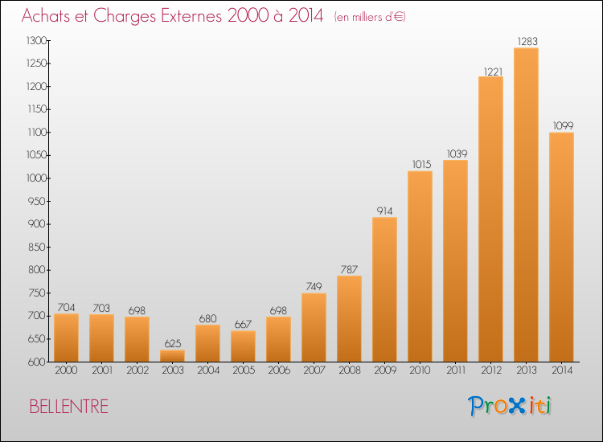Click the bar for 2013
pos(526,204)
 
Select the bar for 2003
pos(172,356)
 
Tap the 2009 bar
pos(384,289)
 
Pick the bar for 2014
pos(561,247)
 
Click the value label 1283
pos(527,41)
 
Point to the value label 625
pos(173,343)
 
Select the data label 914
pos(384,211)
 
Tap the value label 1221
pos(493,72)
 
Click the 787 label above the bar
pos(349,269)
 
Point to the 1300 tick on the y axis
pos(36,40)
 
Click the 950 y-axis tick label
pos(37,201)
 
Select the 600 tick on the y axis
pos(37,362)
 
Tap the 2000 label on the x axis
pos(66,370)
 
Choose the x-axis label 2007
pos(314,370)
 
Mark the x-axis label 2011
pos(456,370)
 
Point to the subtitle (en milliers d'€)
pos(370,17)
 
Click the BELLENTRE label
pos(69,407)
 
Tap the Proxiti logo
pos(510,406)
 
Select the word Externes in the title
pos(191,15)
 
